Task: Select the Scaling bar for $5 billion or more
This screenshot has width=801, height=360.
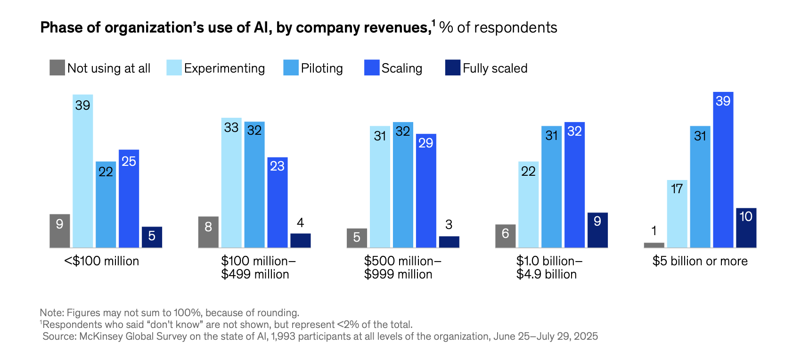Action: (x=723, y=170)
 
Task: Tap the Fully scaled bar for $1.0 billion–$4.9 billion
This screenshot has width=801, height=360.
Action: (x=597, y=230)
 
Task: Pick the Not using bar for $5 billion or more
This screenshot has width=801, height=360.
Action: (x=654, y=245)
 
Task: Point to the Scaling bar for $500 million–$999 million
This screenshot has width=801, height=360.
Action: (x=426, y=191)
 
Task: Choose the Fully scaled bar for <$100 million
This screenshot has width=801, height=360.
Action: (x=152, y=237)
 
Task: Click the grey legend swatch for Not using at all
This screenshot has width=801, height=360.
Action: (x=57, y=68)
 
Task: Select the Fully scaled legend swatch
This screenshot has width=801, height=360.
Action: (x=452, y=68)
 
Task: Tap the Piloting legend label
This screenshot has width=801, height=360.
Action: (x=322, y=68)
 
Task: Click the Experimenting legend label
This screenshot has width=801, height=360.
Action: (x=224, y=68)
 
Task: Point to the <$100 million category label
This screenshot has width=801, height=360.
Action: (x=102, y=261)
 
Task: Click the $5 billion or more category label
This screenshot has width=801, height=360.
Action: (x=700, y=261)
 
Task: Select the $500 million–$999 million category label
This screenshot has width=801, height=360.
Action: (x=402, y=268)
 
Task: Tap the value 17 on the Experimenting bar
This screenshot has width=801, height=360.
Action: (x=677, y=189)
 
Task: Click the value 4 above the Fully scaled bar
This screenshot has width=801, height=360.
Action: (x=301, y=223)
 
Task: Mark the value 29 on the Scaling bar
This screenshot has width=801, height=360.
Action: (x=425, y=143)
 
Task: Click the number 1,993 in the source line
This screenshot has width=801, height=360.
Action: (x=283, y=336)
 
